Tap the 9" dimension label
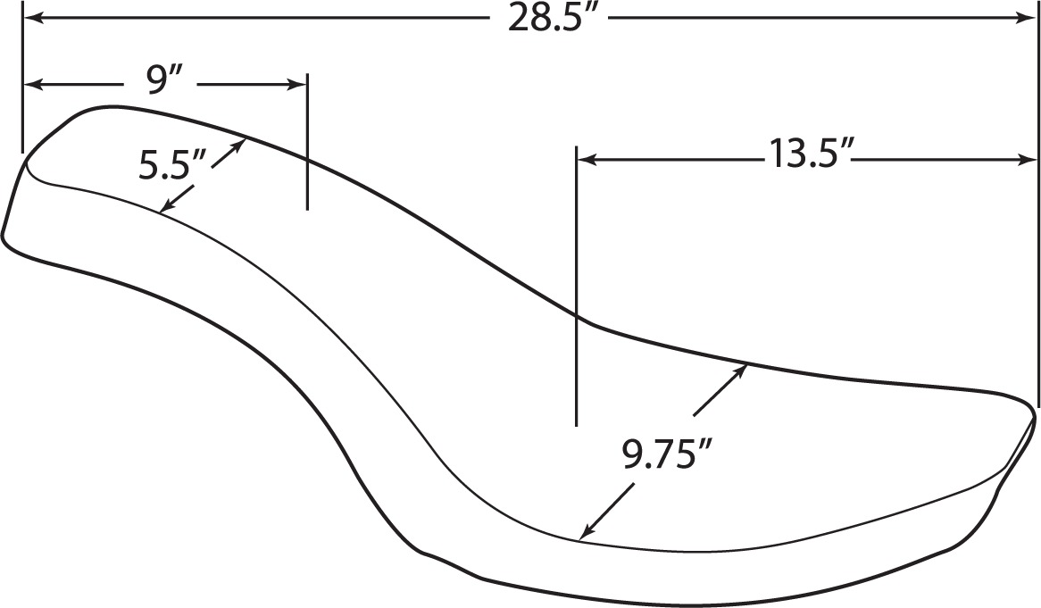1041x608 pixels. coord(160,82)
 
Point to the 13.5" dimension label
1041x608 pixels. coord(806,154)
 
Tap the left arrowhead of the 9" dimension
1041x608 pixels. coord(32,84)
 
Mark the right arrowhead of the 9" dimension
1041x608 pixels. coord(297,84)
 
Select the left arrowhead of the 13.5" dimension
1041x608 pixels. coord(585,159)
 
